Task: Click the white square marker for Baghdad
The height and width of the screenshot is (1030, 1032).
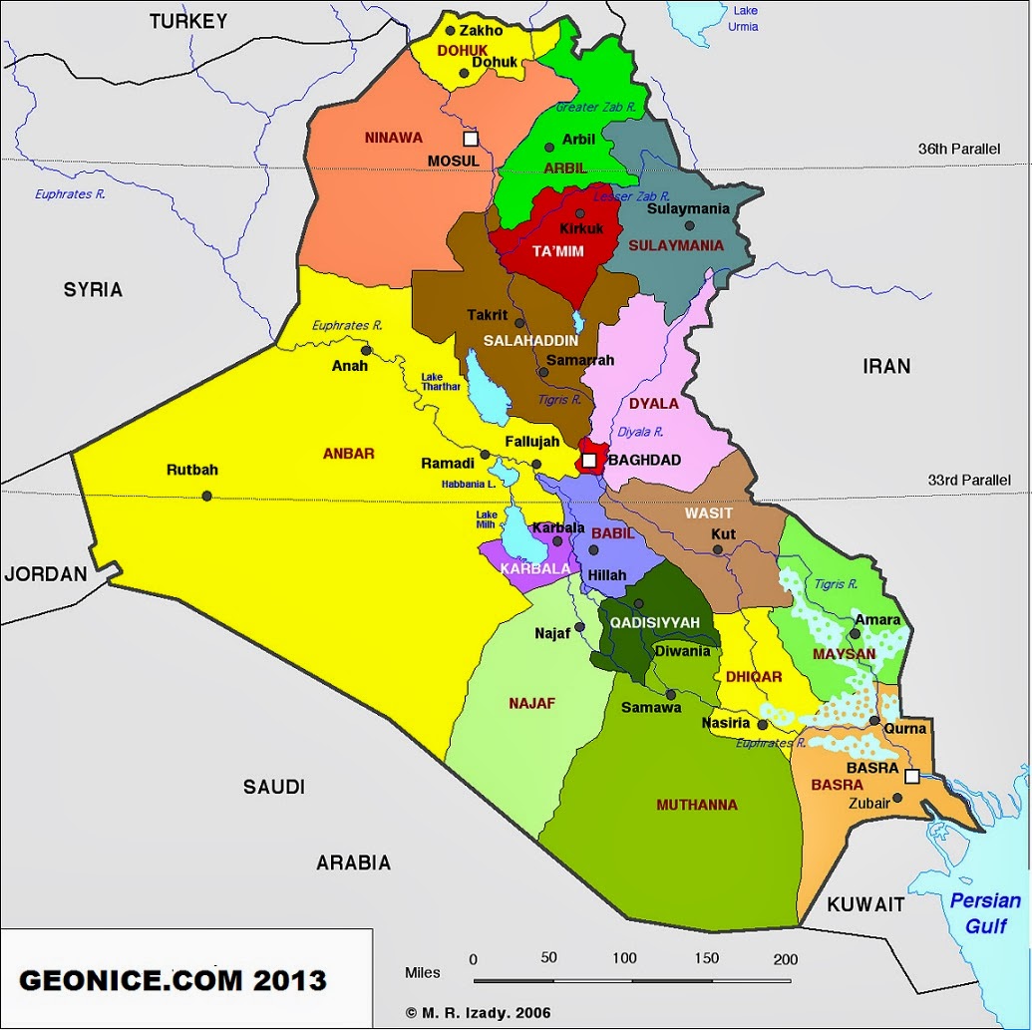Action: [x=589, y=460]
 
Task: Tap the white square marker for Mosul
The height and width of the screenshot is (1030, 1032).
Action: [x=471, y=139]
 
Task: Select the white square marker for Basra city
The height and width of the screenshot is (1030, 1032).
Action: [x=911, y=776]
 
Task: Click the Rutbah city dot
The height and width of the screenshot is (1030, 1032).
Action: [x=206, y=496]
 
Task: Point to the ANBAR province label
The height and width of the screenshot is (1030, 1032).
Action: [x=348, y=454]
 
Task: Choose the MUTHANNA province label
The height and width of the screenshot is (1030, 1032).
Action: [x=697, y=805]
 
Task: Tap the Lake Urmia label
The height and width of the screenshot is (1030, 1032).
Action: [x=745, y=18]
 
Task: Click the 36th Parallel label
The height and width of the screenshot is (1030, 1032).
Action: [x=958, y=149]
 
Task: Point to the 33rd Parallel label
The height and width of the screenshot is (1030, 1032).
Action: [x=968, y=480]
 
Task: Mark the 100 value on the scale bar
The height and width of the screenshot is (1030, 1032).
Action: [x=624, y=958]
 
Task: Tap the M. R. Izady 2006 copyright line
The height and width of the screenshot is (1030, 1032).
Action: [x=479, y=1012]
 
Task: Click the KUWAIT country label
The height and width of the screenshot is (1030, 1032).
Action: [x=864, y=904]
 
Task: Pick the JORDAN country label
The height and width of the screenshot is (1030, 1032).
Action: [x=46, y=573]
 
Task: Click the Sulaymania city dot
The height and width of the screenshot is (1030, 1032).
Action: [x=689, y=225]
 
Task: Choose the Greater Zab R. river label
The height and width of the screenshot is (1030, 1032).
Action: [x=595, y=107]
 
